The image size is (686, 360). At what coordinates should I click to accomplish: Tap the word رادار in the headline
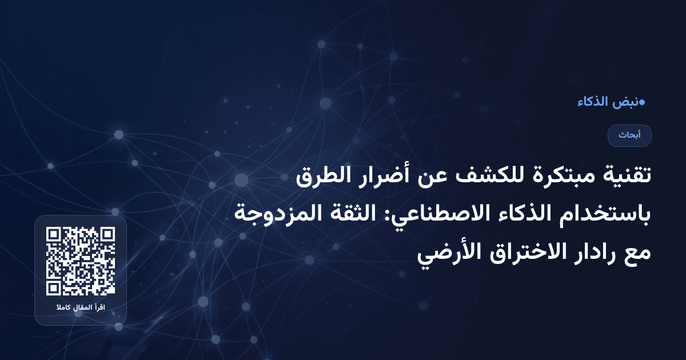[589, 252]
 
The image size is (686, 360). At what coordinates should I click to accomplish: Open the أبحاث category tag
[630, 135]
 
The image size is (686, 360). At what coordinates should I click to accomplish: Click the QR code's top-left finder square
[54, 235]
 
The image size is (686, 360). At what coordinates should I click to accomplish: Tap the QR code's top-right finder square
[107, 235]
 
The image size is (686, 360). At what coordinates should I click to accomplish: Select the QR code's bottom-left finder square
[54, 287]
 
